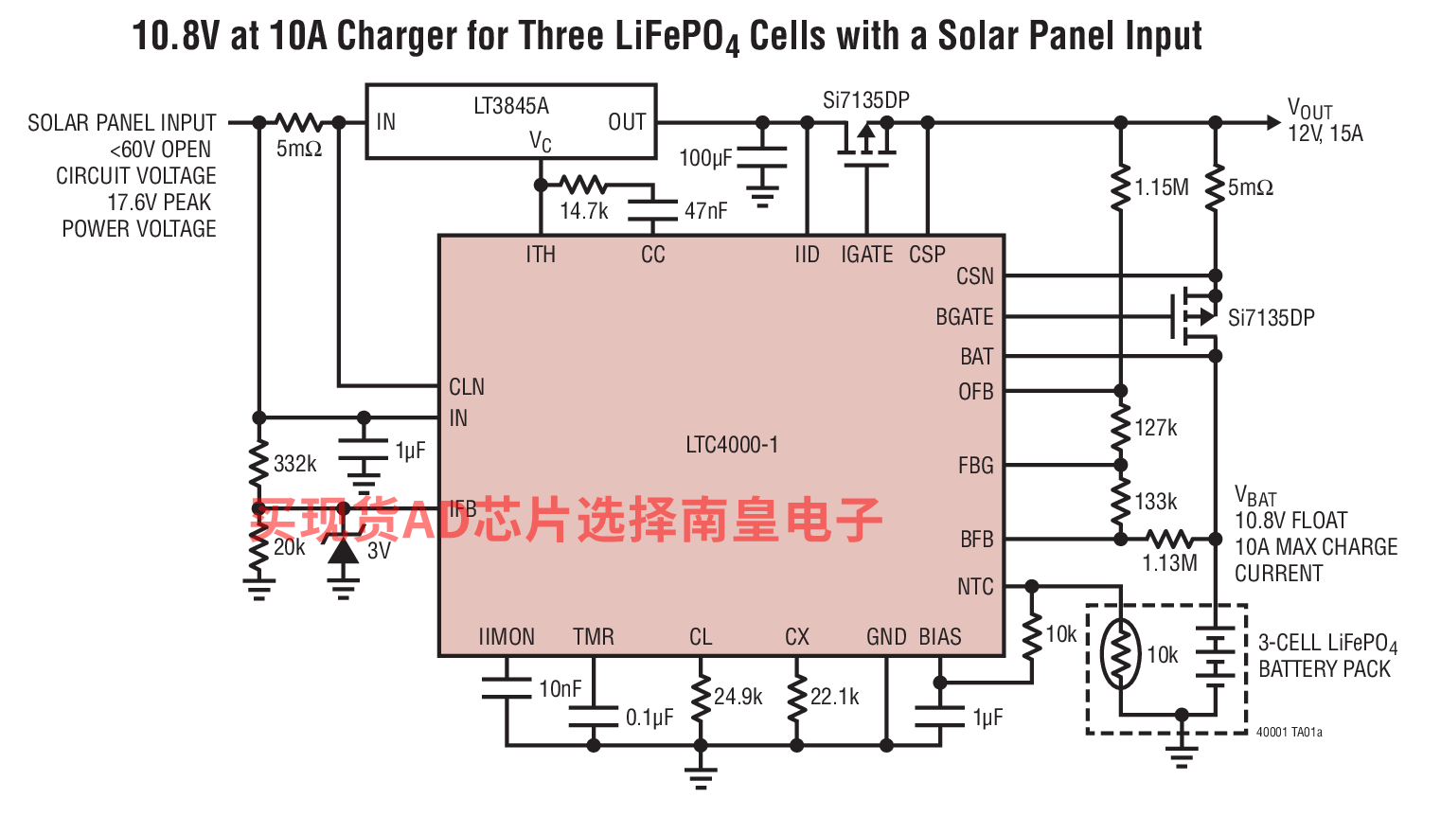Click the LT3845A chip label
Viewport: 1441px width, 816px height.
coord(510,106)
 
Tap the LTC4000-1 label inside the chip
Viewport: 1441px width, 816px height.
coord(732,444)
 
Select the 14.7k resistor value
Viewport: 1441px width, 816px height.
coord(583,211)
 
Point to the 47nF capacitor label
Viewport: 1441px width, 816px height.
coord(705,210)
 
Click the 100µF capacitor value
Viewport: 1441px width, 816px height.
coord(705,157)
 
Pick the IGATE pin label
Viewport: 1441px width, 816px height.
coord(866,255)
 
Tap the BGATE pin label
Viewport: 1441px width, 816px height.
coord(965,317)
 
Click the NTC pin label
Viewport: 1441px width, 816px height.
coord(975,586)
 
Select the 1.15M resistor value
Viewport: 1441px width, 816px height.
coord(1161,187)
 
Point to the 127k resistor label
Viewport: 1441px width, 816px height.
coord(1155,428)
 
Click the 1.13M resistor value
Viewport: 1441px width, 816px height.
coord(1169,563)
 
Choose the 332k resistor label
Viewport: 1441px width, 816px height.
coord(294,464)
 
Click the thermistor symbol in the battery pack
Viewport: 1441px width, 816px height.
coord(1120,654)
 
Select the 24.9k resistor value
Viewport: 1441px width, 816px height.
coord(738,697)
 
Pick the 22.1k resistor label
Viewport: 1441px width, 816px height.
coord(834,697)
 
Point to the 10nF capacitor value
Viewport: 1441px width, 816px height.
coord(560,689)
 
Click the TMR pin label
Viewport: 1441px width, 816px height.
coord(593,636)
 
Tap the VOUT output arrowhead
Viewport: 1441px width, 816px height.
coord(1273,122)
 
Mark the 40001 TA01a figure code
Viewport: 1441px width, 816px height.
coord(1290,732)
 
